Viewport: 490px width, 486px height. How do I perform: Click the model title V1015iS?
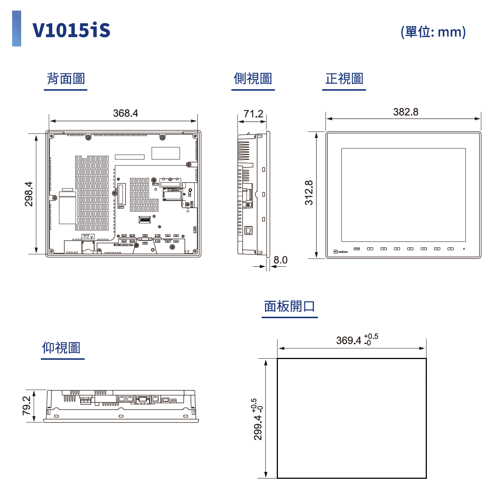point(71,30)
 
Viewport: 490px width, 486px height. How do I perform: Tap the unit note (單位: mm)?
point(433,32)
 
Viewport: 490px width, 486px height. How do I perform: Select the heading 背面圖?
point(66,79)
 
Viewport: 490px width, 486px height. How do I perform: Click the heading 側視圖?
point(253,79)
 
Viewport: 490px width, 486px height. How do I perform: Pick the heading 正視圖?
point(344,79)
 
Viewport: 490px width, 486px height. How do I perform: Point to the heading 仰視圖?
point(61,348)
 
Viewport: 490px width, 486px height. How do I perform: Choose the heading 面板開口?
point(290,306)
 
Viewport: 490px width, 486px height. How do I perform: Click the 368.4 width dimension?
point(126,113)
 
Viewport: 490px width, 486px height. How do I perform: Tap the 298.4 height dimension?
point(29,194)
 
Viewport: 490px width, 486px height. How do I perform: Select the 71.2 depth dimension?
point(253,114)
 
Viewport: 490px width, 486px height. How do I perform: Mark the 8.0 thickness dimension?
point(281,260)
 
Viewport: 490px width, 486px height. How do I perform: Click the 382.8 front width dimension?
point(406,112)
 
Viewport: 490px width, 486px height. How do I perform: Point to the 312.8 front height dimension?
point(309,193)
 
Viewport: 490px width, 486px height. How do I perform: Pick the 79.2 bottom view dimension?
point(26,406)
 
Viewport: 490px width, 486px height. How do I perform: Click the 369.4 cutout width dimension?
point(349,341)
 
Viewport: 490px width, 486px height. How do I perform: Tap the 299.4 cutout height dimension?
point(257,427)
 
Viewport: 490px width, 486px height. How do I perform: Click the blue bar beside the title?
point(17,29)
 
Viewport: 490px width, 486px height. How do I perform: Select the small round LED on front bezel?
point(464,249)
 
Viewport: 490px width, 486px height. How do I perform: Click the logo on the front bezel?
point(341,251)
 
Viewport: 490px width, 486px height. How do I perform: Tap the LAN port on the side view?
point(248,230)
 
